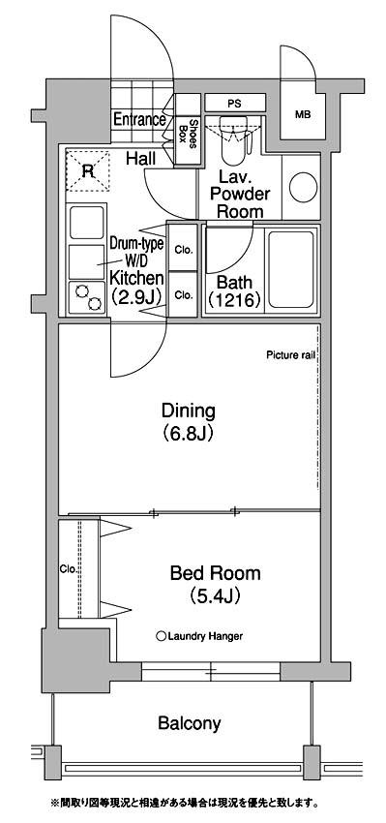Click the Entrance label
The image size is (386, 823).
(x=139, y=120)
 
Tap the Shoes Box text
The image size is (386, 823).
(x=189, y=135)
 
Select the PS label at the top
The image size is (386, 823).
(x=234, y=104)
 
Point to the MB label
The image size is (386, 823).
(x=302, y=115)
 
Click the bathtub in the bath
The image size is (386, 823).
(x=291, y=269)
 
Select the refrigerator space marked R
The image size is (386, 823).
(x=87, y=170)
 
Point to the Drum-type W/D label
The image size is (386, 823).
(x=136, y=251)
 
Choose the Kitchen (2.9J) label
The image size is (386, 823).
(x=136, y=288)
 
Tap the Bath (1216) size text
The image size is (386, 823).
(x=234, y=291)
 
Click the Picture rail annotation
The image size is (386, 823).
(x=290, y=355)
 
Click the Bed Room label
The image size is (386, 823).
(x=215, y=573)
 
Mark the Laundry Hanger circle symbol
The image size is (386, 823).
(x=162, y=637)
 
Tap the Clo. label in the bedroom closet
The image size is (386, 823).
(x=69, y=569)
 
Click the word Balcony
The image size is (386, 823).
(x=190, y=724)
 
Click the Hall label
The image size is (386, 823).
(x=141, y=158)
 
